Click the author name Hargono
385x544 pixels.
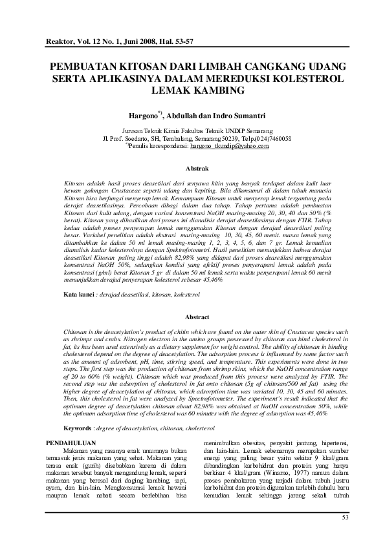point(144,117)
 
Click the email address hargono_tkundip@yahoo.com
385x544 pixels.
point(229,147)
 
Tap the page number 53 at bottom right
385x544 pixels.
point(345,517)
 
